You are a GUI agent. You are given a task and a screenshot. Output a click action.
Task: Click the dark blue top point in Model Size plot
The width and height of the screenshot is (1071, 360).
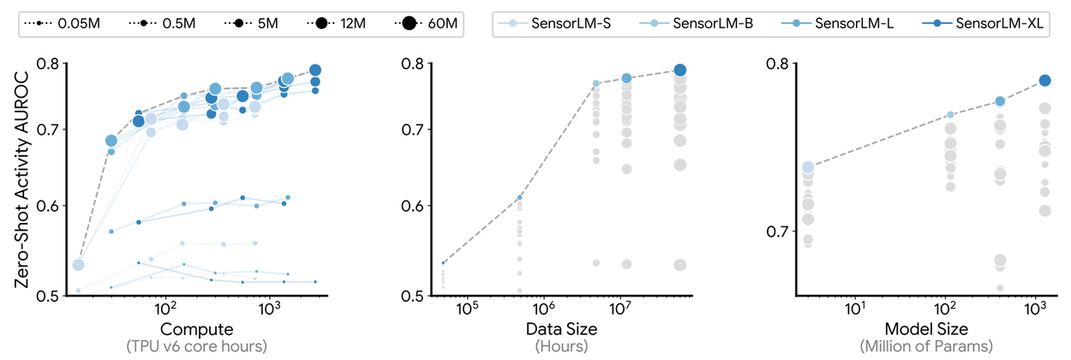(x=1044, y=81)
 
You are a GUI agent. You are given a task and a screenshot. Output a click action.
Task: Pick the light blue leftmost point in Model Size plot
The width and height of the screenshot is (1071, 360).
(x=808, y=168)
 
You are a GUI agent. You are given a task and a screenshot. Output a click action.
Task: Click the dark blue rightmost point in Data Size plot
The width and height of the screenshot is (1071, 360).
(x=680, y=70)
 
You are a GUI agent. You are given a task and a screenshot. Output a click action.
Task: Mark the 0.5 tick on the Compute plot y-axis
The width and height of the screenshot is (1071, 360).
(x=50, y=296)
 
